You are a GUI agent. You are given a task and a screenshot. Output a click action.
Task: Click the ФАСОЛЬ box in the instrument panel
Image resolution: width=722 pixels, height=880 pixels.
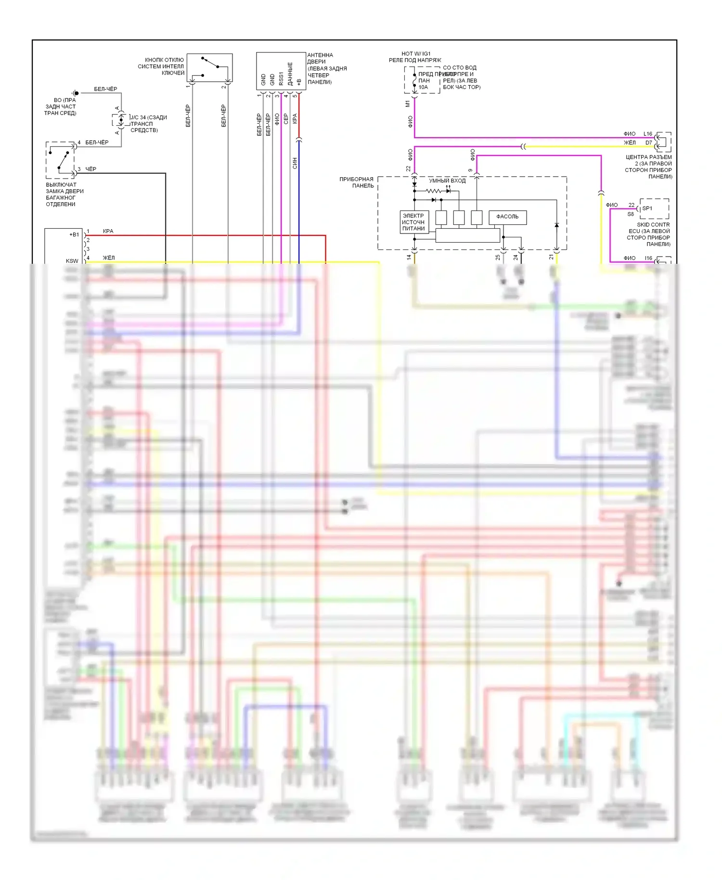507,217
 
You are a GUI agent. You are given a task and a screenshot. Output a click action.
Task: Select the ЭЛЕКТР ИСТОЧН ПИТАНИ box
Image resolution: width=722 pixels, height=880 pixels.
414,222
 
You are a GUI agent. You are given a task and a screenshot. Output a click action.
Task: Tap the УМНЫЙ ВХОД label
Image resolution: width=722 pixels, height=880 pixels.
447,181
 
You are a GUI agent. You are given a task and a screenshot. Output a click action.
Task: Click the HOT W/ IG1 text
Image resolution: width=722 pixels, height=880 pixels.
416,54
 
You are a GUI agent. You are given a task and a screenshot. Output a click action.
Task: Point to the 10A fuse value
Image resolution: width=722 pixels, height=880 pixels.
423,87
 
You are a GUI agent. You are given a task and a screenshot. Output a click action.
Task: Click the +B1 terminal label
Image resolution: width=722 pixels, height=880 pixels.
74,235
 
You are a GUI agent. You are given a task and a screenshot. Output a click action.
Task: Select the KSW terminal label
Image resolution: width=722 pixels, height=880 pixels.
72,261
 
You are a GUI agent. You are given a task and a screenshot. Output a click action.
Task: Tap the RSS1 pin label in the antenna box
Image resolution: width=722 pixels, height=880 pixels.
281,79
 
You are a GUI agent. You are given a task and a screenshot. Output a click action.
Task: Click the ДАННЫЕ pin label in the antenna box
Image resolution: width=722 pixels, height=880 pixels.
290,74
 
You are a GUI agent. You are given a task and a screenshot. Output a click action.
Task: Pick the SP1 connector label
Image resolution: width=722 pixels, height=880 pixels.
647,208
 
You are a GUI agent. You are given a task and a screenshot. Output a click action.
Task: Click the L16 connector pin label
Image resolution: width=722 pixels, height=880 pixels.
647,134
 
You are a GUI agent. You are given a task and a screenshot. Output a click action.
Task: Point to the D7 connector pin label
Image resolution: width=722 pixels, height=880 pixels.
648,142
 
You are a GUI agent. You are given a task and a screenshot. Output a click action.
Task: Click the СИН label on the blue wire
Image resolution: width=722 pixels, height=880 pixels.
295,163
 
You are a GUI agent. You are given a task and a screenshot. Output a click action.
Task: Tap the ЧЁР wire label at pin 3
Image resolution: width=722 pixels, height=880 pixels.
90,169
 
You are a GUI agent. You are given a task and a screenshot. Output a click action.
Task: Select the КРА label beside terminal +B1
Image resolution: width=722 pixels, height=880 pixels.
108,231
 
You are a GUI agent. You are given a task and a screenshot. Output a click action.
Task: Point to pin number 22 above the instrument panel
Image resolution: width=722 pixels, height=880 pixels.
408,168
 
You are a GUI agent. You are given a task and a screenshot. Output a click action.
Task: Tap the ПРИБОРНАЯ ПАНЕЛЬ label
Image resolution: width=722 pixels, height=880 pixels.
356,182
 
